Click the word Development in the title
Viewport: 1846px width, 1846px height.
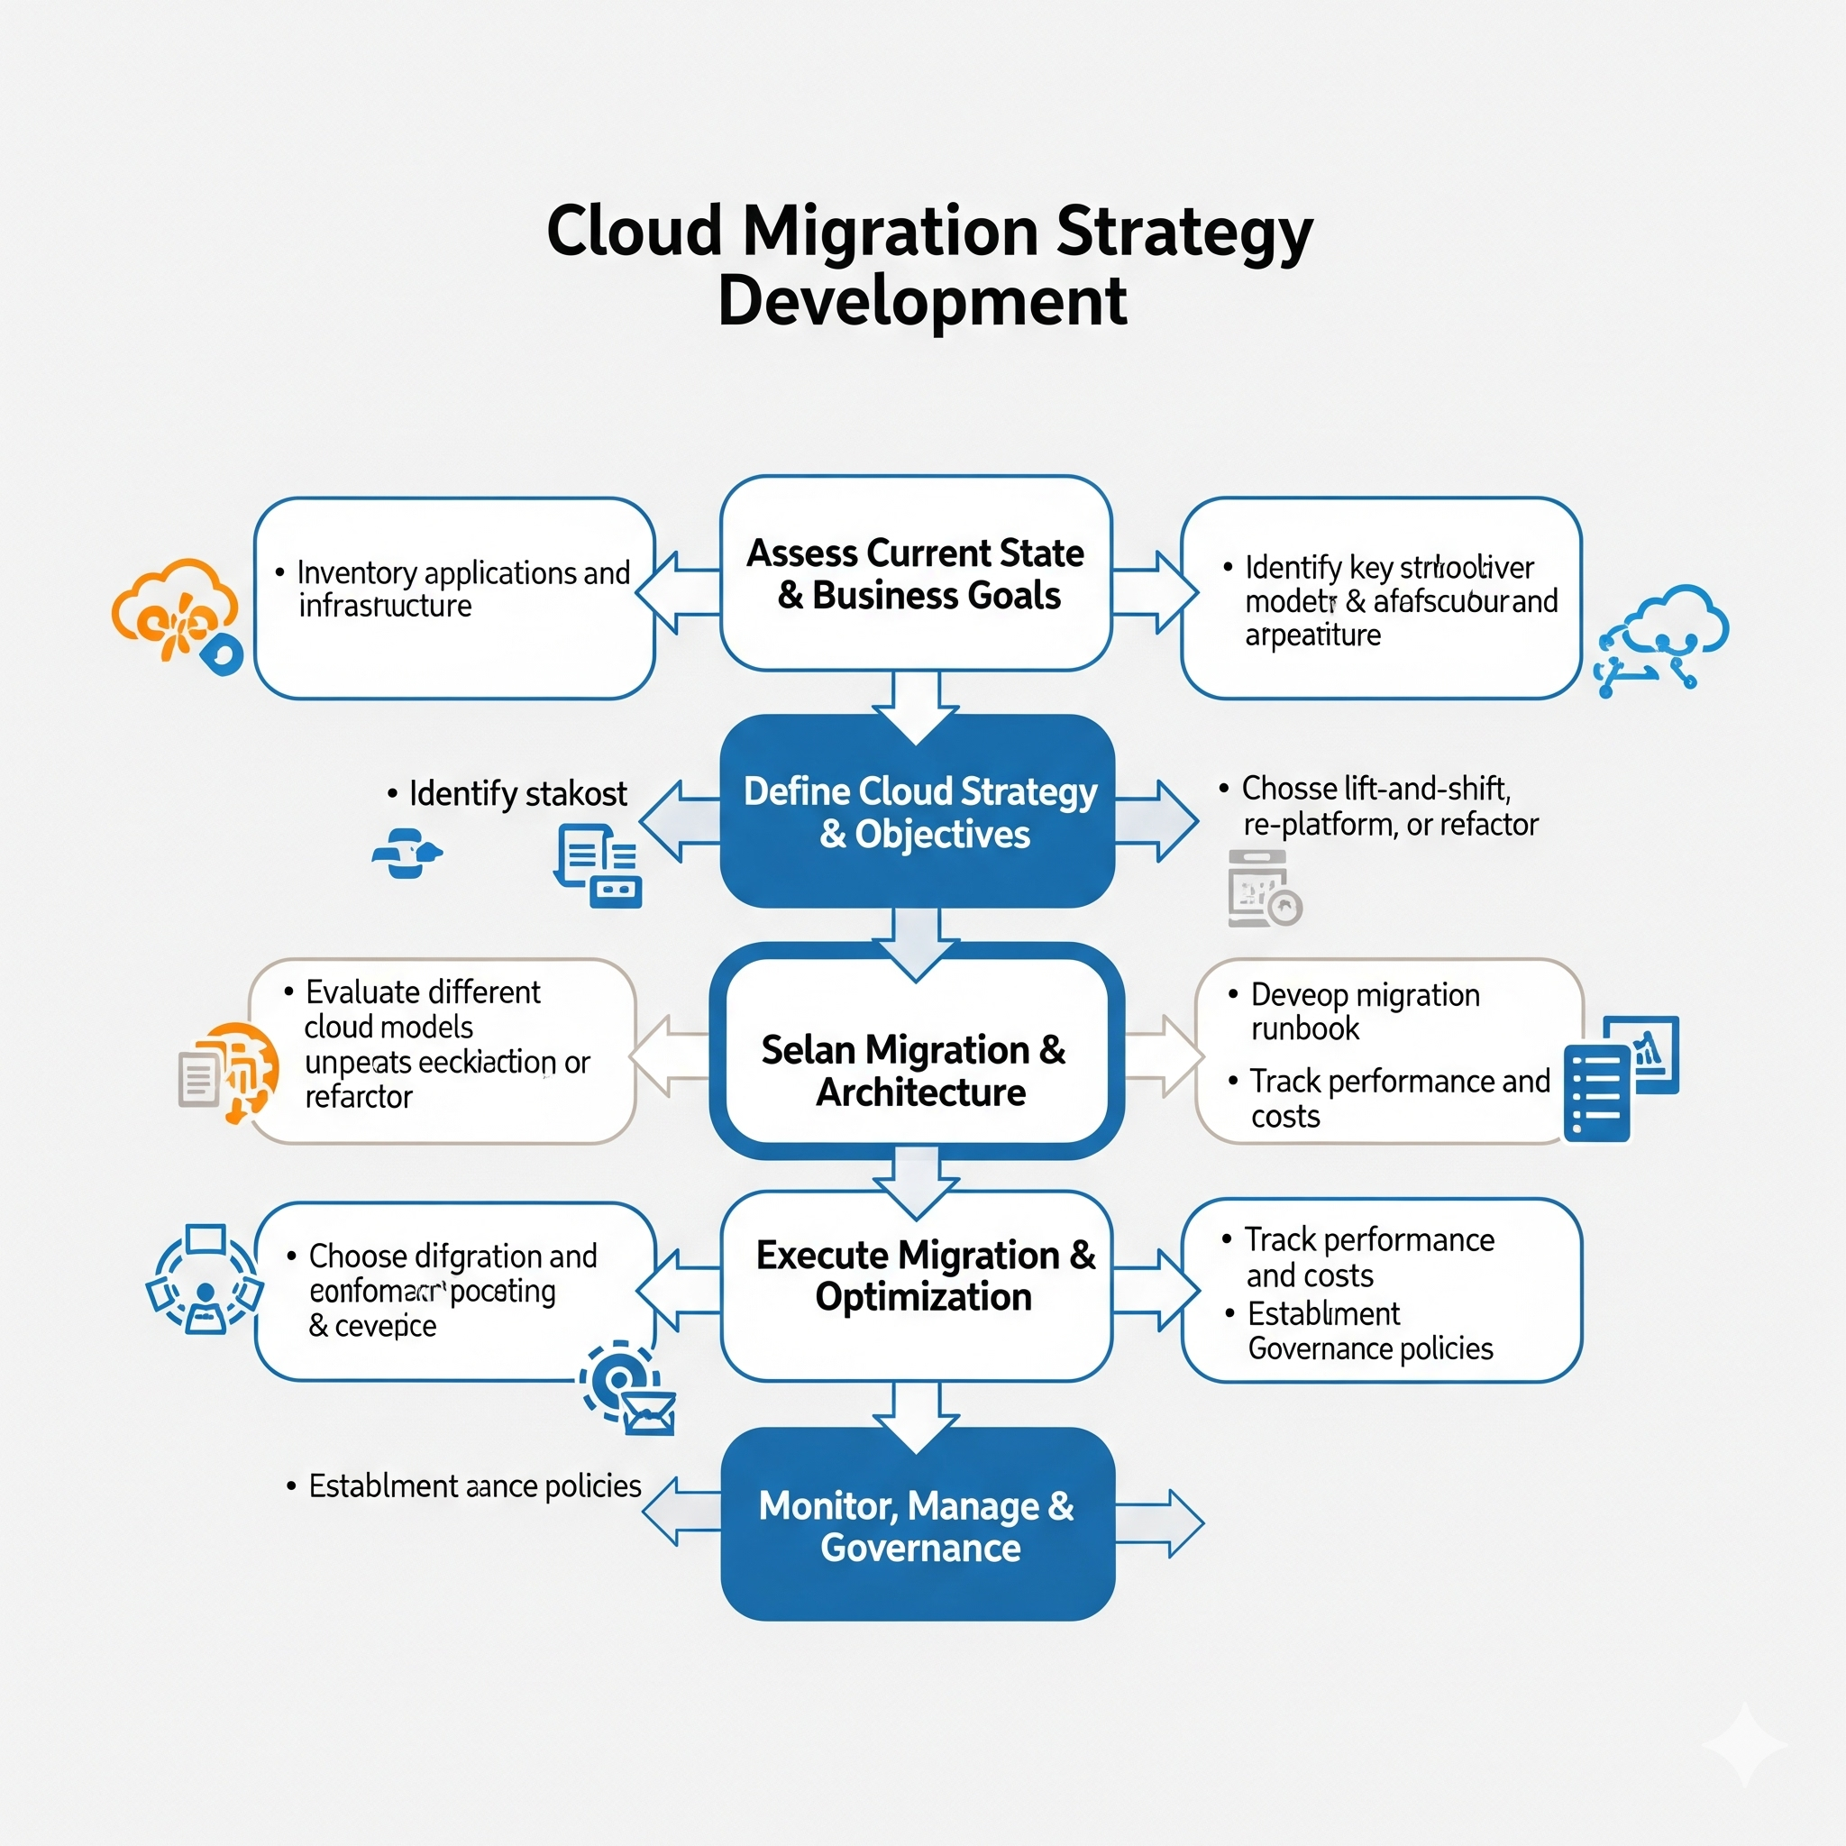(x=922, y=301)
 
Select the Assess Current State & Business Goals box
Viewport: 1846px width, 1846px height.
(x=916, y=573)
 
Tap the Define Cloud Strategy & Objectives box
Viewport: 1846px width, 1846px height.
(x=918, y=811)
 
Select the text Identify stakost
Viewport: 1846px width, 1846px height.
(x=516, y=794)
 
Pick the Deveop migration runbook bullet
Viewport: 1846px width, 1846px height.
(x=1364, y=1012)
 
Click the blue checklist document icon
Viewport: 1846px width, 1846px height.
(x=1596, y=1092)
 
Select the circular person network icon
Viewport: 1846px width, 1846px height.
(x=205, y=1279)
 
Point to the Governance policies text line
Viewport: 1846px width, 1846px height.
(x=1369, y=1348)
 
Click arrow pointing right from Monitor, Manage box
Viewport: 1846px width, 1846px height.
(x=1161, y=1523)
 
